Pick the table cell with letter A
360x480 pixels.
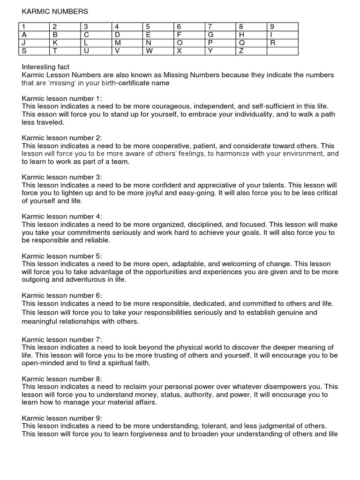pos(34,35)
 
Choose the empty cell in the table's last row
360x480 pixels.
pos(282,51)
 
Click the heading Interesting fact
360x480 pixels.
pos(46,67)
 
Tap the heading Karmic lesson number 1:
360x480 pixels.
pos(61,98)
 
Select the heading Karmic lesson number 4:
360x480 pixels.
pos(62,217)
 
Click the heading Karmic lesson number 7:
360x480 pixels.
pos(62,339)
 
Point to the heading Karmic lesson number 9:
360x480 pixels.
pos(62,418)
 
